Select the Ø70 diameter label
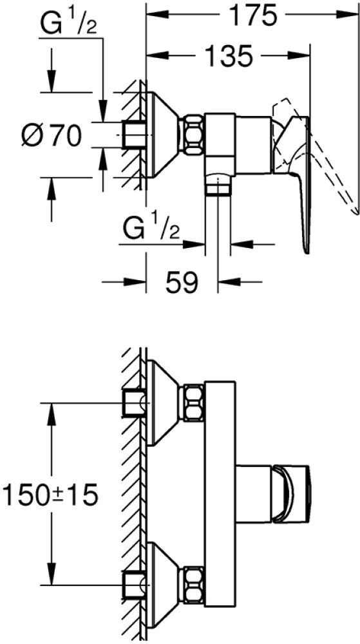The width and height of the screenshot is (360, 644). tap(52, 135)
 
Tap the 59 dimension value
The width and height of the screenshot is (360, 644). tap(182, 282)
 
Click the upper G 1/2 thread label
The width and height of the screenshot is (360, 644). tap(68, 26)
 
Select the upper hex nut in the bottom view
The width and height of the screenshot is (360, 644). tap(194, 402)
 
